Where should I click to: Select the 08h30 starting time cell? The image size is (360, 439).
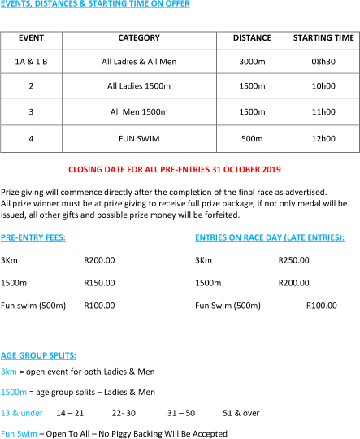[x=323, y=62]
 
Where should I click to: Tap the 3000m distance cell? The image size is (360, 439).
[x=252, y=62]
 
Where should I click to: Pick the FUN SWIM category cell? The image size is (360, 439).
[x=139, y=138]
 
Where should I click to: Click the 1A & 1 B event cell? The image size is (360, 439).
[x=31, y=62]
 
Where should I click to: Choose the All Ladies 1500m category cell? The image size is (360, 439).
[x=139, y=85]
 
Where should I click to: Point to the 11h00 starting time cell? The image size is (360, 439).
[x=323, y=111]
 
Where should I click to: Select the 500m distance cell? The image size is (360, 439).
[x=252, y=138]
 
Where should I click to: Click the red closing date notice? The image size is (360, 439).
[x=175, y=170]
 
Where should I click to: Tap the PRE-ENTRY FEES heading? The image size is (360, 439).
[x=33, y=237]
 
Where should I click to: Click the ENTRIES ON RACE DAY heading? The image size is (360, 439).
[x=270, y=237]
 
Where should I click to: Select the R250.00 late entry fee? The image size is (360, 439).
[x=293, y=260]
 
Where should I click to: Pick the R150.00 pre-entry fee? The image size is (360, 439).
[x=99, y=283]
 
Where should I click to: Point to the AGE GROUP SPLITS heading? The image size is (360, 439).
[x=38, y=355]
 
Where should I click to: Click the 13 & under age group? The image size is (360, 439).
[x=22, y=413]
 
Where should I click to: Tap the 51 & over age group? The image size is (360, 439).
[x=241, y=413]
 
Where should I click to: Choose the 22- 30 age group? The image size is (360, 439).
[x=124, y=413]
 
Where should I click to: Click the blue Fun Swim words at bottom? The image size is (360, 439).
[x=19, y=433]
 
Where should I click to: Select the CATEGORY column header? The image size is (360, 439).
[x=139, y=37]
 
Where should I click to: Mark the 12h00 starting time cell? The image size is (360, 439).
[x=323, y=138]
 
